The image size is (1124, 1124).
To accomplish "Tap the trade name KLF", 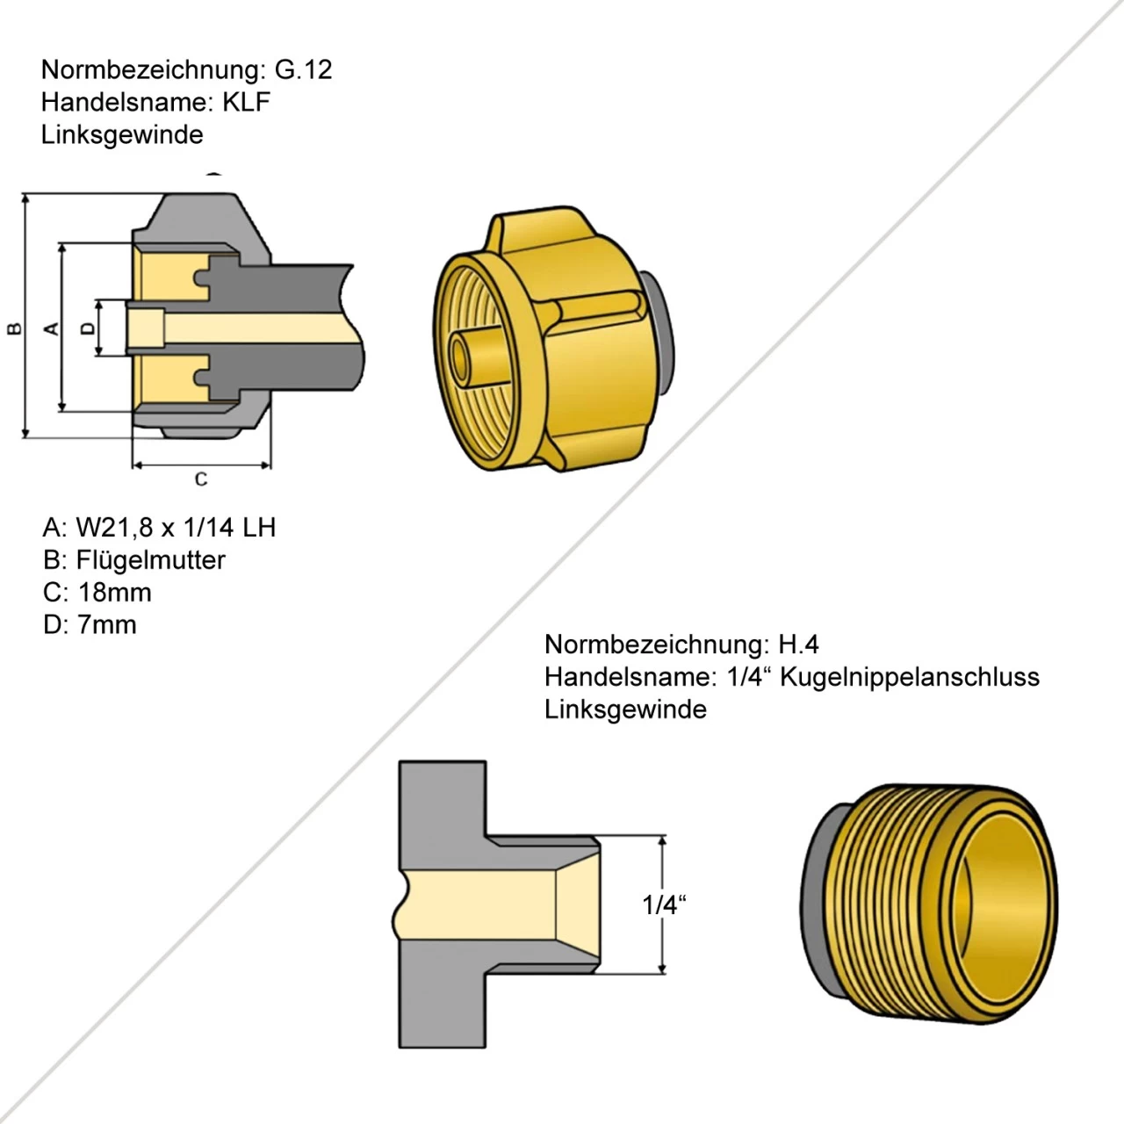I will [x=246, y=102].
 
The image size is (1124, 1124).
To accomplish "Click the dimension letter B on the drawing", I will [x=15, y=328].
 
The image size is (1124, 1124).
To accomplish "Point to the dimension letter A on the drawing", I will [x=52, y=328].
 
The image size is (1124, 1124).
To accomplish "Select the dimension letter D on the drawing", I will [x=87, y=328].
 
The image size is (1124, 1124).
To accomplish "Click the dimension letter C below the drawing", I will [x=201, y=479].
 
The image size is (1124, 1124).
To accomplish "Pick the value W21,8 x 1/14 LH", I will [x=176, y=527].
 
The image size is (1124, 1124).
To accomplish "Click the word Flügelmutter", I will [x=150, y=560].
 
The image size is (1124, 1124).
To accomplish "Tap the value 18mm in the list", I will [x=114, y=593].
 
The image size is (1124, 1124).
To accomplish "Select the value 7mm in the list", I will [x=107, y=625].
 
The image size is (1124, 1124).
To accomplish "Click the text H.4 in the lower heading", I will [x=798, y=645].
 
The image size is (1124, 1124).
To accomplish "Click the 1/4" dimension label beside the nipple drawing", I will [x=663, y=904].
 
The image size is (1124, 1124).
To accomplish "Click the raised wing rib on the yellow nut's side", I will [x=597, y=304].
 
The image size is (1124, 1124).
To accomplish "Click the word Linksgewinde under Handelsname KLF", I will [x=122, y=134].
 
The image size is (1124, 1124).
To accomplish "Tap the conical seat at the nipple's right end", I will [x=578, y=904].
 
